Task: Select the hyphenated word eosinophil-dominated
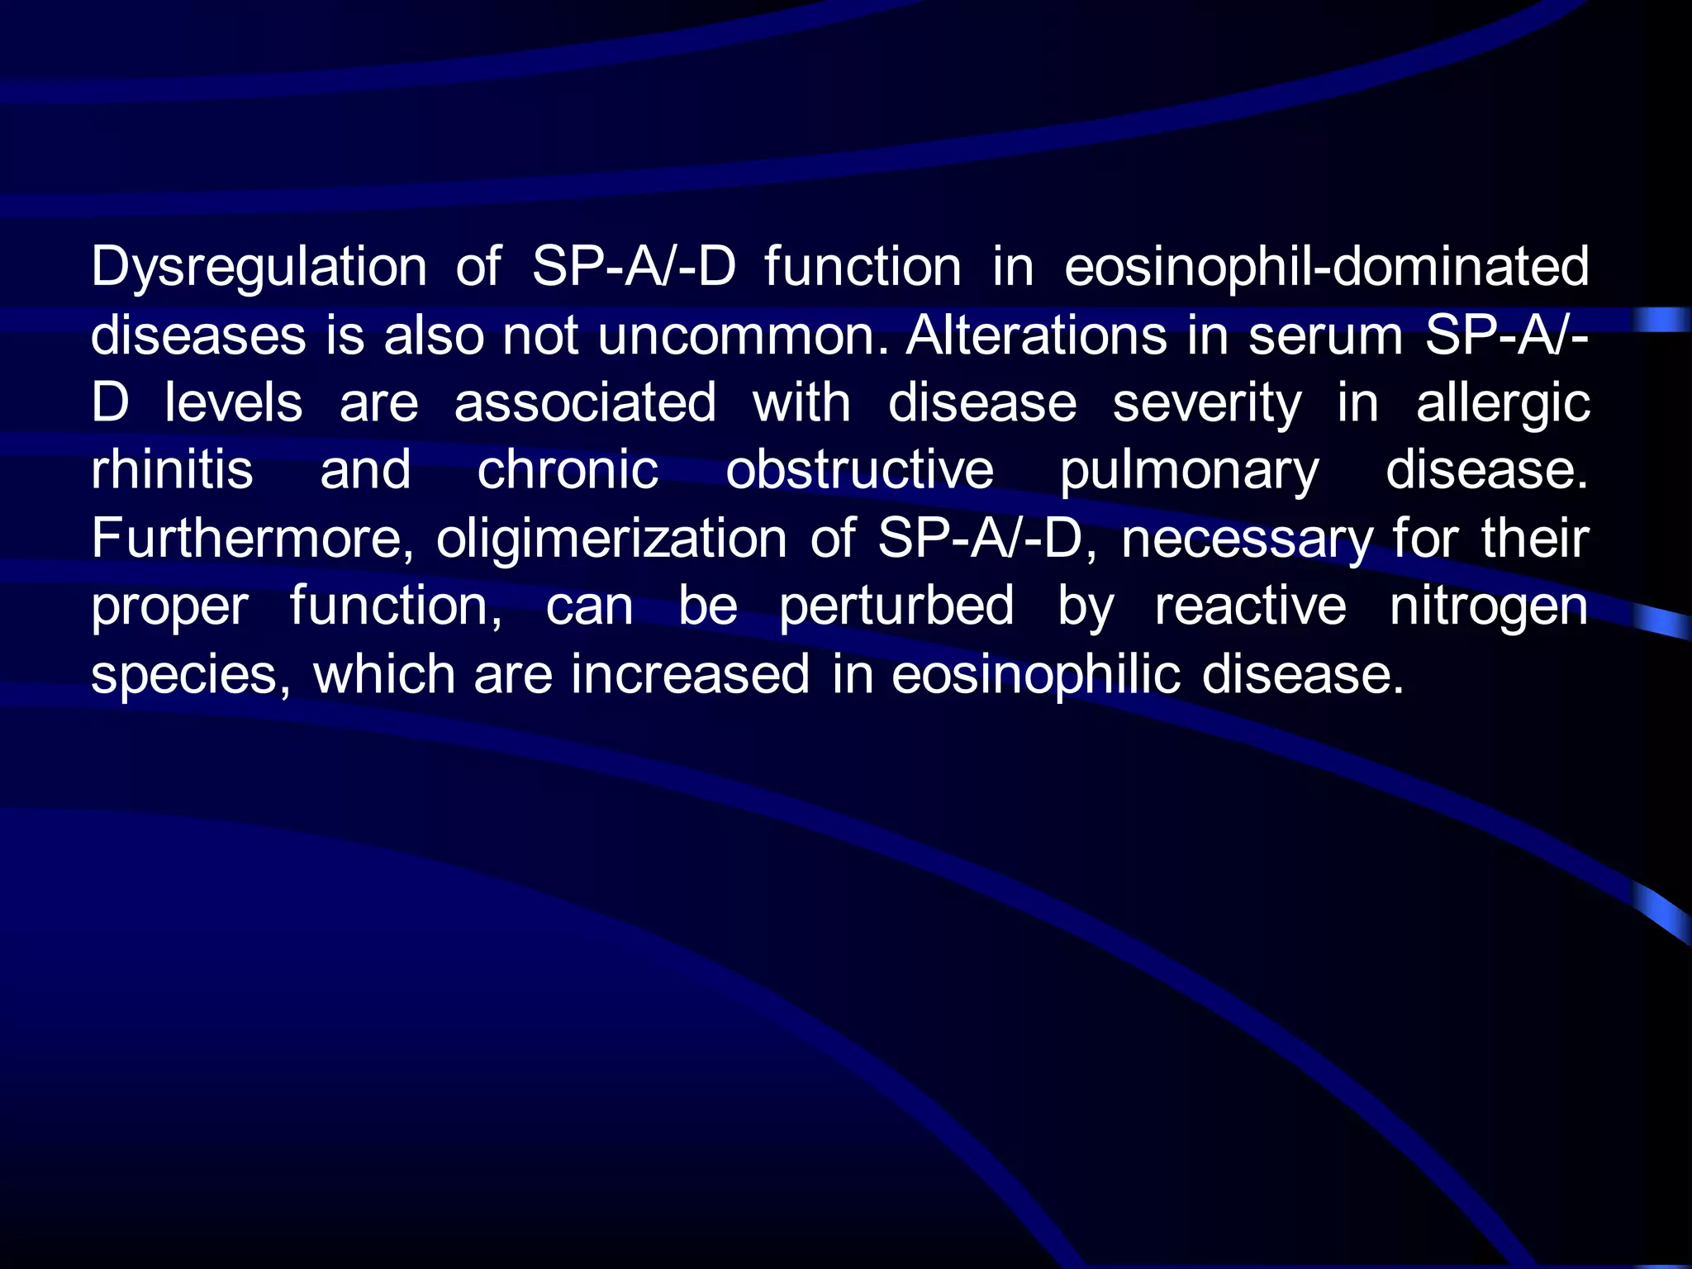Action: click(x=1326, y=267)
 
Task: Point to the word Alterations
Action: click(x=1036, y=335)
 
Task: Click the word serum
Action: click(x=1325, y=335)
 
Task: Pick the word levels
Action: click(x=234, y=403)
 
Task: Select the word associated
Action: click(x=585, y=403)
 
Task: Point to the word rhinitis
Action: click(x=172, y=470)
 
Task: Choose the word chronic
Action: click(x=568, y=470)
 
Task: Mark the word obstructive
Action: click(x=859, y=470)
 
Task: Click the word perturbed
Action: click(x=896, y=607)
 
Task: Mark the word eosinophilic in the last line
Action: click(x=1036, y=675)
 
